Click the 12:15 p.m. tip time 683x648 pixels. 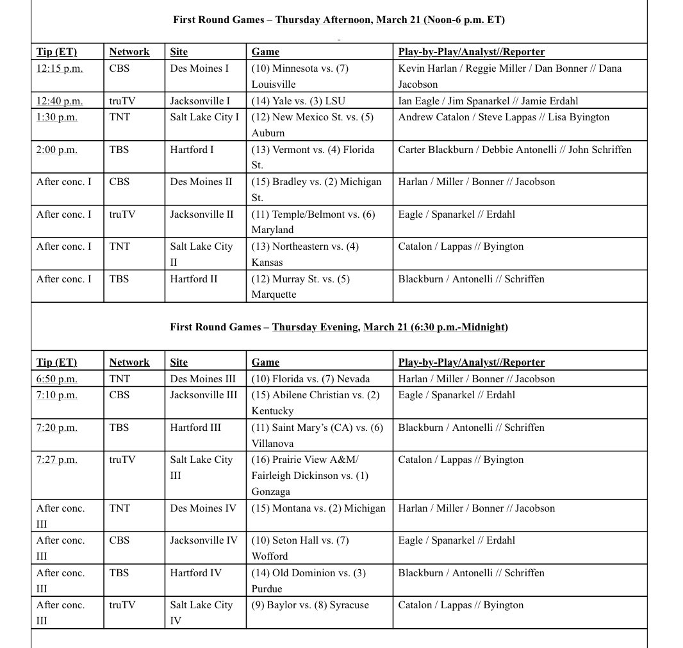coord(60,69)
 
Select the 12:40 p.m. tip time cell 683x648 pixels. coord(60,101)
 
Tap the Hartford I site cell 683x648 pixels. coord(192,150)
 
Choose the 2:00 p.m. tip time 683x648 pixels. coord(57,150)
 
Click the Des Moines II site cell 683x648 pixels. coord(201,182)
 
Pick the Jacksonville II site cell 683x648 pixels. coord(202,215)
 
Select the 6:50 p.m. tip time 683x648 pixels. coord(57,379)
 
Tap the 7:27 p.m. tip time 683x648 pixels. coord(57,460)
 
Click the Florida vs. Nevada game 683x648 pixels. coord(310,379)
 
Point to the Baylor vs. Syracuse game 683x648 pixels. coord(310,605)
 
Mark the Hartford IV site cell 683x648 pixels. coord(196,573)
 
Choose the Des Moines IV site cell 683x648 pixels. coord(203,508)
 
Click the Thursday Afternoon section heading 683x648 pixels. coord(339,20)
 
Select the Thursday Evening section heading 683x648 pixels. coord(339,327)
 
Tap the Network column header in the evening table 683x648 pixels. coord(129,362)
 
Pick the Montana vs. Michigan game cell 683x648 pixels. coord(318,508)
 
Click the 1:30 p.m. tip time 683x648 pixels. coord(57,117)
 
